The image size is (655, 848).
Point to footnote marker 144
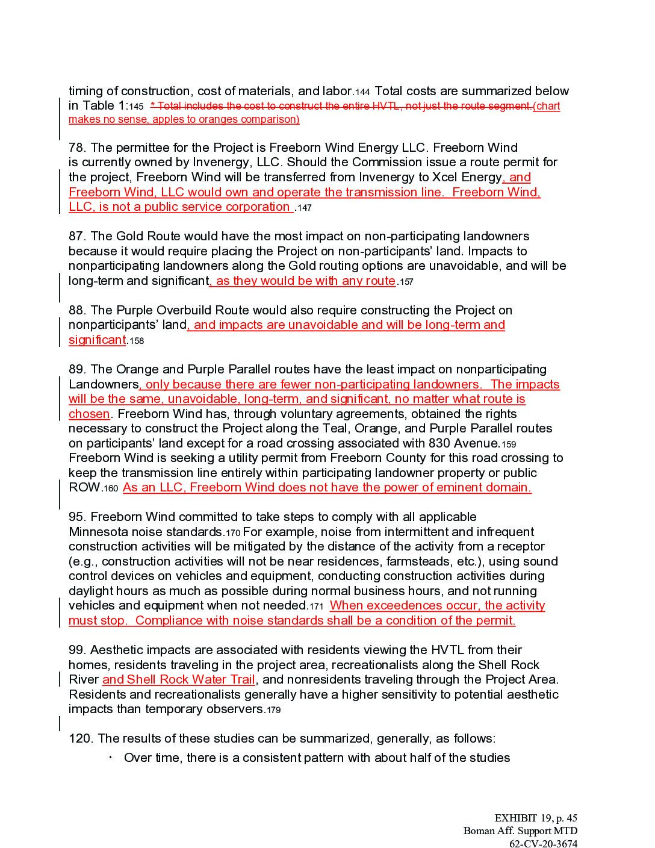pos(362,93)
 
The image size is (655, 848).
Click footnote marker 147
pos(304,208)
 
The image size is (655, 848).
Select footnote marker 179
pos(273,711)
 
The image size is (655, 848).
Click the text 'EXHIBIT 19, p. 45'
pos(536,818)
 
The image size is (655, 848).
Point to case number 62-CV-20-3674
pos(543,843)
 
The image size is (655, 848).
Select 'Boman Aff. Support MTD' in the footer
pos(520,831)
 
